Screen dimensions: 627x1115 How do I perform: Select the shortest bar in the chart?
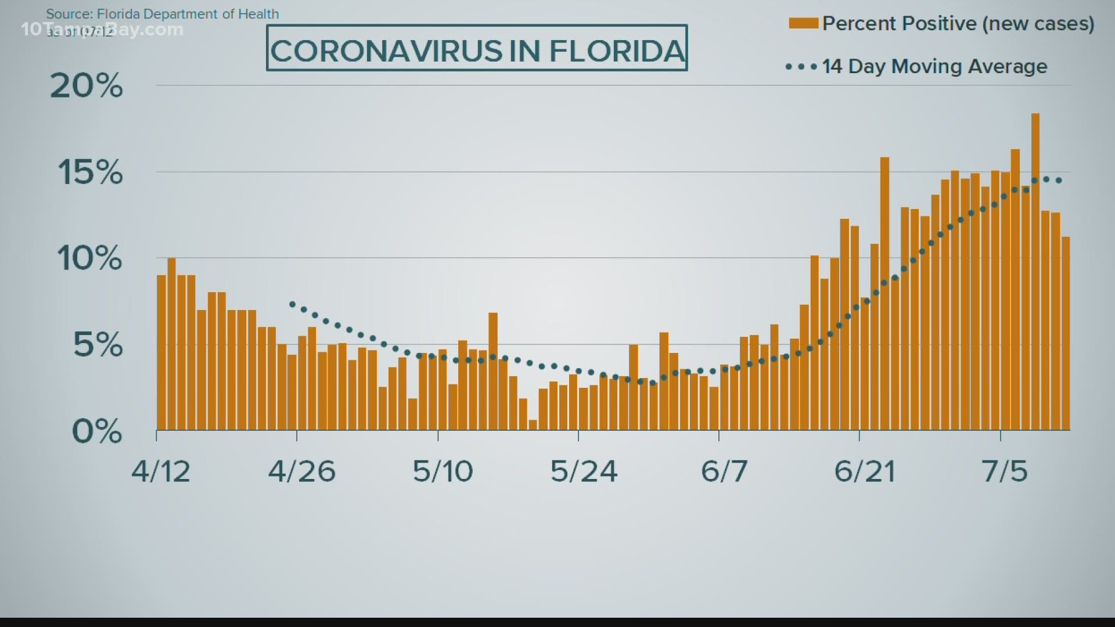click(533, 425)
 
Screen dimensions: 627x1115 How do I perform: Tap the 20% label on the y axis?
click(87, 86)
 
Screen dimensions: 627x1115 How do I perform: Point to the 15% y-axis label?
click(90, 172)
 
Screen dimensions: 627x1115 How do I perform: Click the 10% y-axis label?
click(89, 258)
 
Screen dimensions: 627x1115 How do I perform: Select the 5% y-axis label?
click(98, 345)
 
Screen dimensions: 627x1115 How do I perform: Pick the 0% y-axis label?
click(96, 431)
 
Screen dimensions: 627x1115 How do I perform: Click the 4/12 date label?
click(161, 471)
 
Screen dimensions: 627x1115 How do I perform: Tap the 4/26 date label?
click(301, 471)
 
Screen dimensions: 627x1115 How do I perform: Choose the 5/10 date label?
click(443, 471)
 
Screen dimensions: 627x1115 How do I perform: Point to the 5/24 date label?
click(583, 471)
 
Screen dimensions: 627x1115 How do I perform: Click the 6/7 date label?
click(724, 471)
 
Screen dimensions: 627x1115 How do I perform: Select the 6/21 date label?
click(864, 471)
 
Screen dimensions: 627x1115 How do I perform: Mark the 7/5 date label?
click(1005, 471)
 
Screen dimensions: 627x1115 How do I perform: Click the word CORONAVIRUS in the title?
click(386, 51)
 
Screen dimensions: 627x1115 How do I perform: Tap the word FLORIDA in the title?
click(617, 51)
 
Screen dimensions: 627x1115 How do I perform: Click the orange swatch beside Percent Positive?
click(803, 23)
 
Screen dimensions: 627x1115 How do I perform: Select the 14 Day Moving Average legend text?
click(934, 66)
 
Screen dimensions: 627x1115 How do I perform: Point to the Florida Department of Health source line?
click(163, 14)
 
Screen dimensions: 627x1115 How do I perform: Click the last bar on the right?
click(1066, 334)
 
